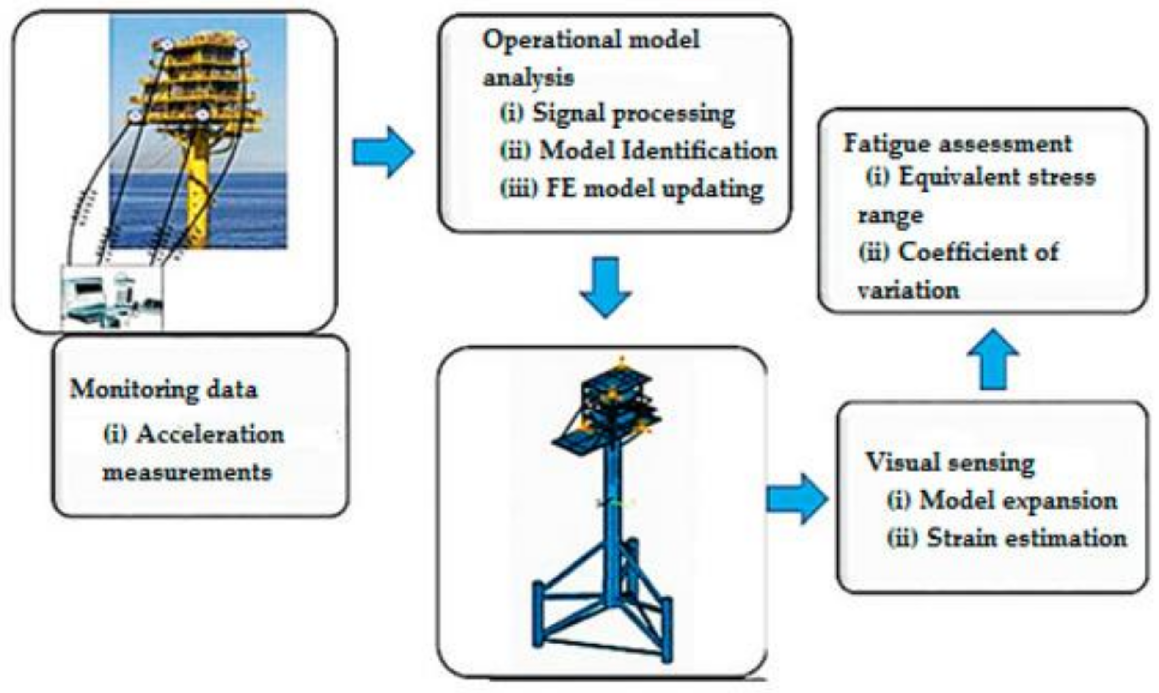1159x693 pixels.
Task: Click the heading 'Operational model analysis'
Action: click(x=591, y=58)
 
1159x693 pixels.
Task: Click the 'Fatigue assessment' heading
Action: click(x=957, y=143)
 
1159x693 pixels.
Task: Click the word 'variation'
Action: click(x=908, y=291)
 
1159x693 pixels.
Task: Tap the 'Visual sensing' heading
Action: click(x=950, y=462)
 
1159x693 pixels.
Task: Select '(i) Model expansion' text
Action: click(x=1002, y=500)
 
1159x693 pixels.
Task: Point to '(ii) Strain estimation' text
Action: click(x=1006, y=539)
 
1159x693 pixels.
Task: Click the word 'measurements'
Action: click(x=187, y=472)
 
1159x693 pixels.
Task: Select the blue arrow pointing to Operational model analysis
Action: click(x=383, y=152)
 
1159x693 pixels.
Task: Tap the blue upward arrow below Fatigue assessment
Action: click(x=993, y=360)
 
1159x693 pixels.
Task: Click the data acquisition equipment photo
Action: click(x=112, y=297)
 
